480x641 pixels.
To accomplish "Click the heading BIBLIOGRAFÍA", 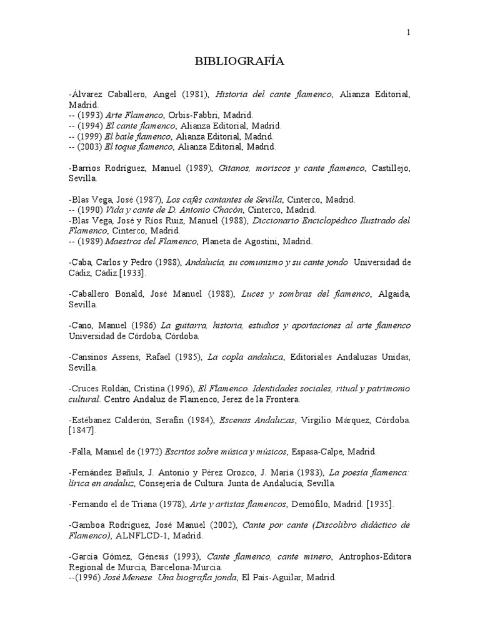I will point(239,61).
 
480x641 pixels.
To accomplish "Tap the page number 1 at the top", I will point(408,33).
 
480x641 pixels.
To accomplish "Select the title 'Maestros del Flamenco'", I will point(151,241).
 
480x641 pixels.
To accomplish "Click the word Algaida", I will point(394,294).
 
